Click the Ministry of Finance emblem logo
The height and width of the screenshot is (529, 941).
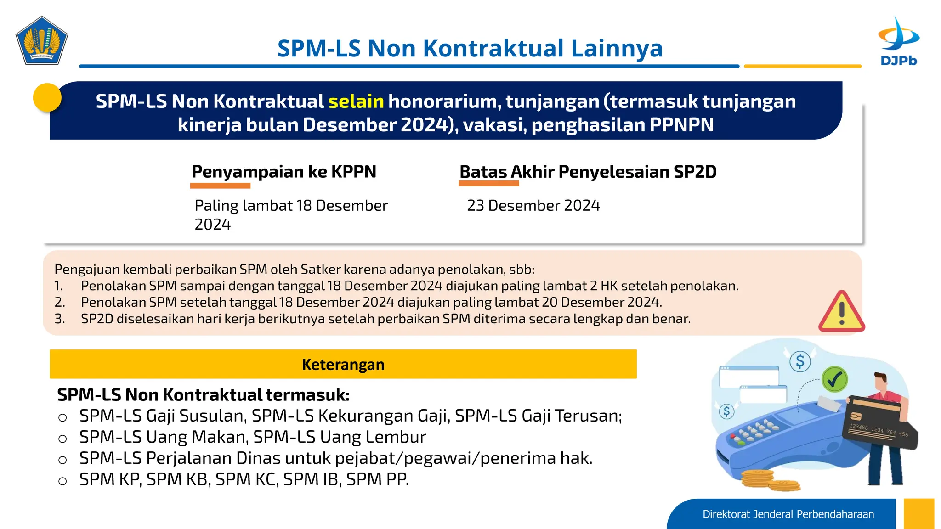42,41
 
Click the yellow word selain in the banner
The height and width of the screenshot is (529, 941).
356,101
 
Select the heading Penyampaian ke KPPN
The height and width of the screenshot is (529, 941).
283,172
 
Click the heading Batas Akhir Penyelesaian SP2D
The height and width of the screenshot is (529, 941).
588,172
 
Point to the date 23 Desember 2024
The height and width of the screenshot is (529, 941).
533,205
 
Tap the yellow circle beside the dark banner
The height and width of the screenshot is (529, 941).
47,97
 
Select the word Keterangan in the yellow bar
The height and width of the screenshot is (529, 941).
343,365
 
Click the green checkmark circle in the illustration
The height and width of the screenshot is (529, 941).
834,379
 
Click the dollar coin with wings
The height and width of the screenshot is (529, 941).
800,361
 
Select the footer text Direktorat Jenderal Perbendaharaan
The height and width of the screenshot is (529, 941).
788,514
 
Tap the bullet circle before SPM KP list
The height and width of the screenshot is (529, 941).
63,481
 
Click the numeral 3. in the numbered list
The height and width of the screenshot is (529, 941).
60,319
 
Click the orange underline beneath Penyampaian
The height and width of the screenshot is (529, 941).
220,186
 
